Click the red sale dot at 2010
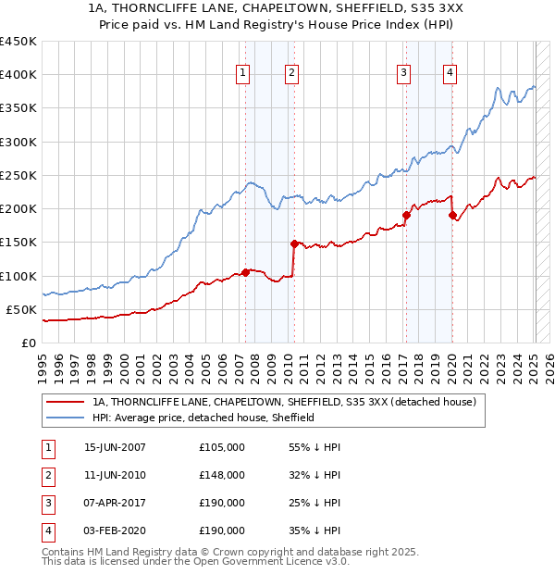294,243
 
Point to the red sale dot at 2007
245,272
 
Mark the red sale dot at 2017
406,215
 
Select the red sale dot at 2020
452,215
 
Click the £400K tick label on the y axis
18,75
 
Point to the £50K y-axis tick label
22,309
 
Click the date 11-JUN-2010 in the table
115,475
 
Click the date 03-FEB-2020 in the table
115,530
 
